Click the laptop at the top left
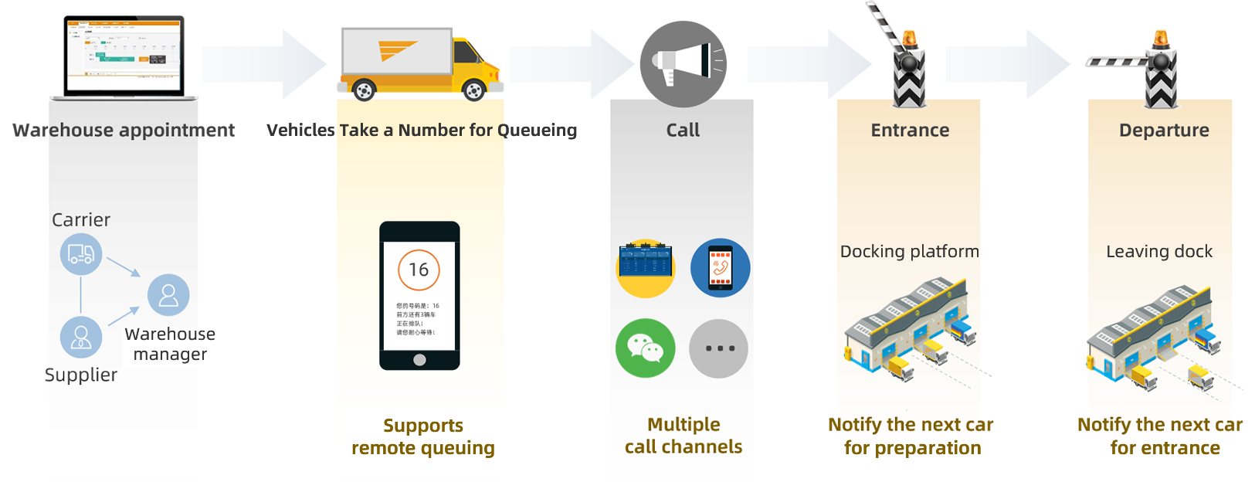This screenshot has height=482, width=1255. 124,56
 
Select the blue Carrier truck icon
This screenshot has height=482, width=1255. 81,254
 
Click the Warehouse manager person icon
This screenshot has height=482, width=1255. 168,295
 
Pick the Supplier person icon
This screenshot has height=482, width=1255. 81,337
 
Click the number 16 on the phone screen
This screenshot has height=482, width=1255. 419,270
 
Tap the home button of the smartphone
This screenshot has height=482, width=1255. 419,359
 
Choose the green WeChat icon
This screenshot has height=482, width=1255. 645,348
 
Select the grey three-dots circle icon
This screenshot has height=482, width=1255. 718,348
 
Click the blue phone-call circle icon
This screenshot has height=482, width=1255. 720,267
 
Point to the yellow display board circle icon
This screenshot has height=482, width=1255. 646,267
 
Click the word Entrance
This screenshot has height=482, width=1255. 910,131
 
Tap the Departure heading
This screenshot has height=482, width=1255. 1164,131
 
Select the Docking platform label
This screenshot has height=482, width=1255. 909,252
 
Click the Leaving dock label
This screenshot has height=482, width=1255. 1158,252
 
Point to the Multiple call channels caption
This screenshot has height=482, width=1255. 683,436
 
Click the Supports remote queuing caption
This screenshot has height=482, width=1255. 423,437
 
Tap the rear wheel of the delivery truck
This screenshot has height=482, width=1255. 363,90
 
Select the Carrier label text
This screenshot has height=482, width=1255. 81,220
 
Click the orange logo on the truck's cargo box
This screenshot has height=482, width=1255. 396,50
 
